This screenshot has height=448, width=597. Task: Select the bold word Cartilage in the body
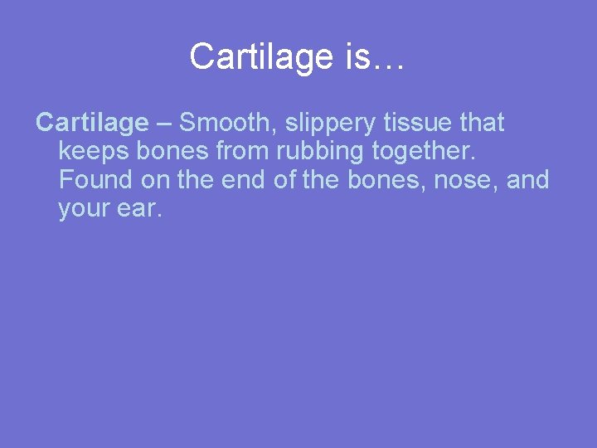pos(91,123)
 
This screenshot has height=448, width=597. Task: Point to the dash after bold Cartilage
pos(163,123)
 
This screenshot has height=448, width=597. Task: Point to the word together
pos(420,153)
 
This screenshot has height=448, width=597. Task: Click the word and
pos(527,180)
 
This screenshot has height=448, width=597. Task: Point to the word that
pos(482,123)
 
